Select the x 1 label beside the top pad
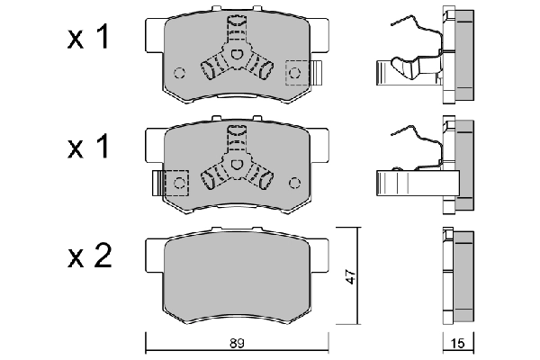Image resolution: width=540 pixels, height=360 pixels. click(x=90, y=39)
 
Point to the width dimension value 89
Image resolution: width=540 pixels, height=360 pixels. click(x=238, y=343)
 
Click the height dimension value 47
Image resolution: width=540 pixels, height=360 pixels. click(x=350, y=279)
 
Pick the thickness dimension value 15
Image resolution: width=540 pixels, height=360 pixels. click(x=459, y=343)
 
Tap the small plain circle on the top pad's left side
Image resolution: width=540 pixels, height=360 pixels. click(x=179, y=73)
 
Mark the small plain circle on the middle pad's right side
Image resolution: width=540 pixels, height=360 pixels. click(x=295, y=183)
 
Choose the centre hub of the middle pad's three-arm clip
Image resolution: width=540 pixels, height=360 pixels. click(x=238, y=166)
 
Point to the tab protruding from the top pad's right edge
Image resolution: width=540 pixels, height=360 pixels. click(x=316, y=72)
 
